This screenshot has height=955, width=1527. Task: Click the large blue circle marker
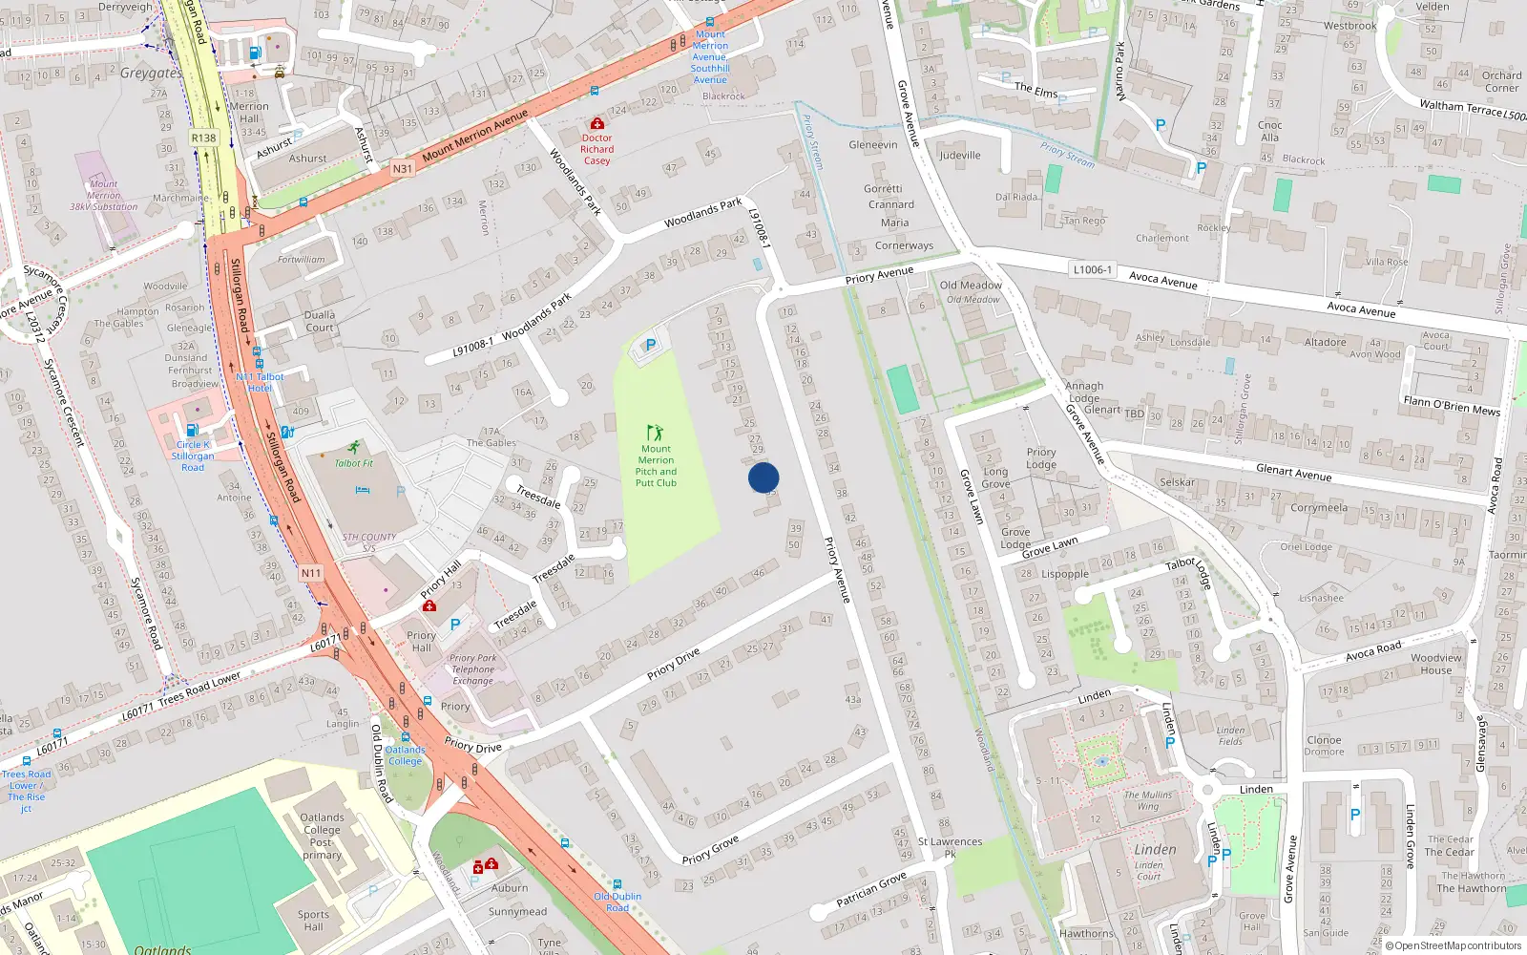pyautogui.click(x=763, y=477)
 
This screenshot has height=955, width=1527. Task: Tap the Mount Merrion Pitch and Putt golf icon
pyautogui.click(x=655, y=433)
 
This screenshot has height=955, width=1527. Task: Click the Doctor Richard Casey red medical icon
pyautogui.click(x=597, y=123)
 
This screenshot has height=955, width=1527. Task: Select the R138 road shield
pyautogui.click(x=203, y=138)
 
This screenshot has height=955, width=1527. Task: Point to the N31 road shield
pyautogui.click(x=403, y=169)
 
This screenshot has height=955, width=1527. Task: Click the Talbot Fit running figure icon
pyautogui.click(x=354, y=447)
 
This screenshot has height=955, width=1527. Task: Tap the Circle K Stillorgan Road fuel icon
pyautogui.click(x=193, y=430)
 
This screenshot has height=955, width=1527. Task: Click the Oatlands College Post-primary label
pyautogui.click(x=322, y=836)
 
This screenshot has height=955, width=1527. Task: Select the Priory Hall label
pyautogui.click(x=421, y=641)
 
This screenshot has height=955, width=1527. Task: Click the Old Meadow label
pyautogui.click(x=971, y=285)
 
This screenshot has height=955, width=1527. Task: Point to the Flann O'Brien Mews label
pyautogui.click(x=1451, y=406)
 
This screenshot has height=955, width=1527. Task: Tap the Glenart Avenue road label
pyautogui.click(x=1293, y=472)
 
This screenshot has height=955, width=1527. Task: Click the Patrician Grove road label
pyautogui.click(x=870, y=889)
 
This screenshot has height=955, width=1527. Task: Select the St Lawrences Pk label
pyautogui.click(x=950, y=847)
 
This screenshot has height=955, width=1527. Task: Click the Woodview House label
pyautogui.click(x=1435, y=664)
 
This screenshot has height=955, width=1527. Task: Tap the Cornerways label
pyautogui.click(x=904, y=245)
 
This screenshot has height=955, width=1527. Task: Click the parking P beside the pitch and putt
pyautogui.click(x=651, y=346)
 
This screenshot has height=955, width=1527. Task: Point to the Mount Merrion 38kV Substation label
pyautogui.click(x=103, y=195)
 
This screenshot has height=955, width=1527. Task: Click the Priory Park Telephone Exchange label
pyautogui.click(x=473, y=668)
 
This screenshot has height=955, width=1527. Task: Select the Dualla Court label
pyautogui.click(x=320, y=321)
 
